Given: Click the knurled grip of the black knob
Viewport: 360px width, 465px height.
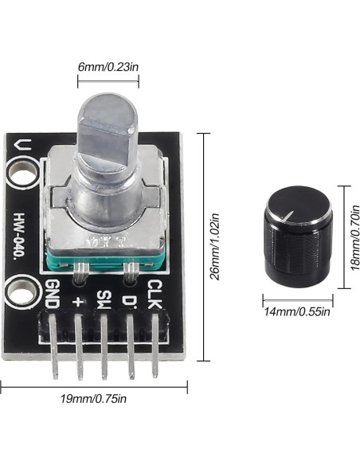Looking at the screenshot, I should [x=295, y=255].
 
